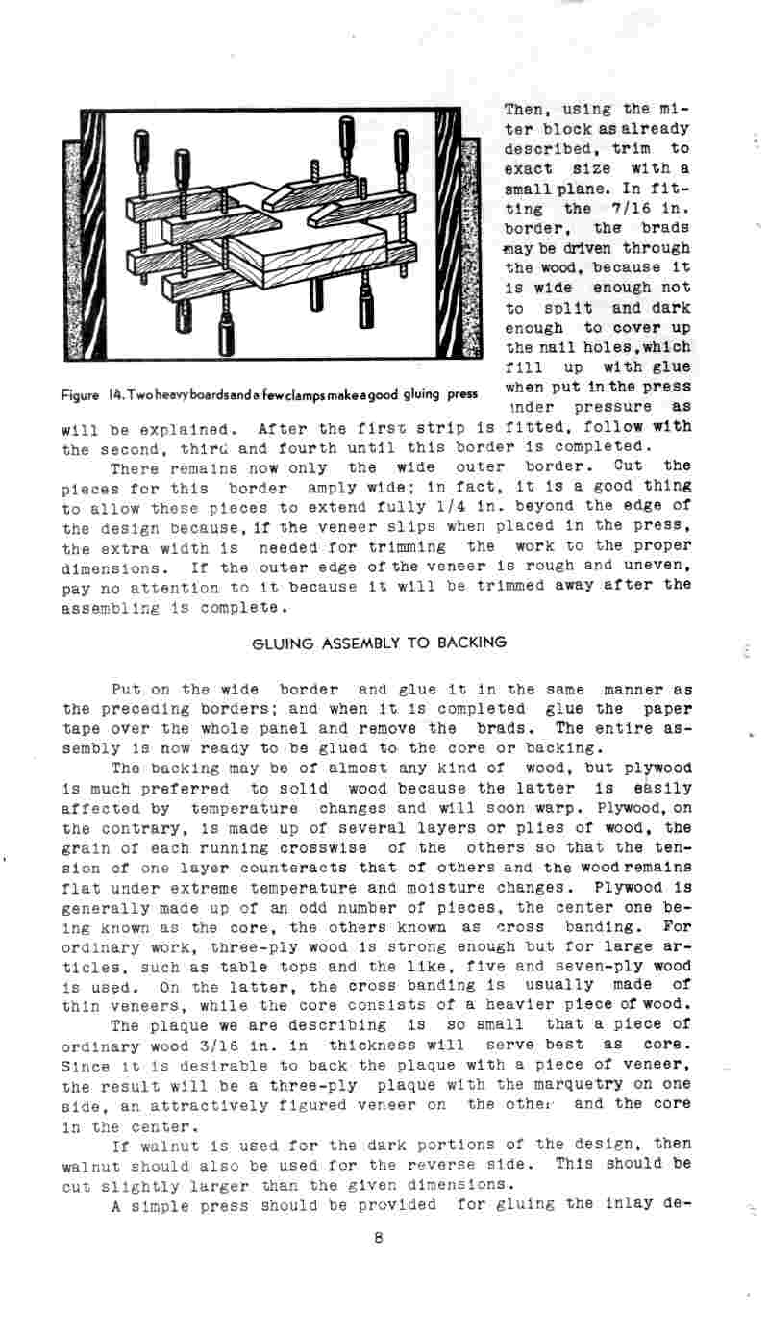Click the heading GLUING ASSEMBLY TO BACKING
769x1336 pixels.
pyautogui.click(x=378, y=642)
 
